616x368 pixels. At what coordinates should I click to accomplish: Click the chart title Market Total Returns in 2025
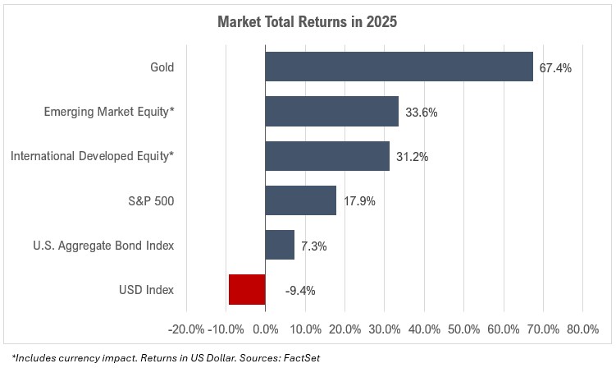[x=308, y=22]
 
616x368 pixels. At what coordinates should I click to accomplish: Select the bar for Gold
[x=399, y=67]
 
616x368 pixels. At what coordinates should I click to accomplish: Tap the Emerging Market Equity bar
[x=331, y=111]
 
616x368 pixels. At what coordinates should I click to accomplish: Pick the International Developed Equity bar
[x=327, y=155]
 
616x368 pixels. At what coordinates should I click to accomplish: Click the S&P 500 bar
[x=300, y=200]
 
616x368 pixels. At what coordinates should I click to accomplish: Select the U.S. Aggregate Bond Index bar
[x=280, y=245]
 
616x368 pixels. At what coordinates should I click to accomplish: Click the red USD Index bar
[x=247, y=289]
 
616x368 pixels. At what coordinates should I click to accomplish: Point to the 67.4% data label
[x=554, y=67]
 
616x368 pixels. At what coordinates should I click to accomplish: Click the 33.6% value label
[x=421, y=112]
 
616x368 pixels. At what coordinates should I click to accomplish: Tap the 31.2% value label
[x=411, y=156]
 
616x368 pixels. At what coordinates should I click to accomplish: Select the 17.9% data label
[x=358, y=200]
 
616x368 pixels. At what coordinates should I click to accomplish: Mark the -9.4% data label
[x=300, y=290]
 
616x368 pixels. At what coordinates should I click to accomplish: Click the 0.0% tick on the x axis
[x=266, y=329]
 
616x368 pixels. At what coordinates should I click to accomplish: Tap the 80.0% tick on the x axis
[x=582, y=329]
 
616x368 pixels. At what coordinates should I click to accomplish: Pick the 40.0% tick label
[x=424, y=329]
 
